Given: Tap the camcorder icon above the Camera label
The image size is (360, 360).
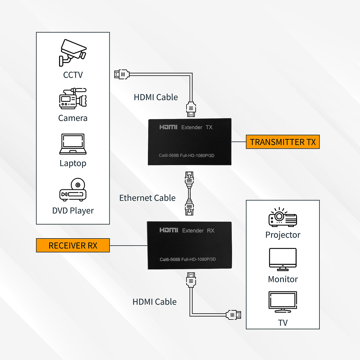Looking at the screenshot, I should click(x=73, y=98).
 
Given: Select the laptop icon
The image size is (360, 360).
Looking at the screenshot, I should click(x=73, y=144).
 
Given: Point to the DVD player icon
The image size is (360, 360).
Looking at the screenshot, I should click(x=73, y=190).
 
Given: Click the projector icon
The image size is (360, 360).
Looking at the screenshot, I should click(x=283, y=217).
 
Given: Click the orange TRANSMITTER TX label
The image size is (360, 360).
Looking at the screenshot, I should click(x=283, y=142).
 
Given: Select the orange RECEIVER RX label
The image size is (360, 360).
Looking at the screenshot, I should click(x=73, y=246).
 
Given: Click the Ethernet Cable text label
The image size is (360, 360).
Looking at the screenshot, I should click(x=147, y=198).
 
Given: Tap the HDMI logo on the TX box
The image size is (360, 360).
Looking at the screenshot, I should click(x=168, y=127).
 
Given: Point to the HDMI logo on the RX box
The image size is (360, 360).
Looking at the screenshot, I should click(x=169, y=230).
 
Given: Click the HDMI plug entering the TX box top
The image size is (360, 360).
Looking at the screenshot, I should click(x=191, y=109).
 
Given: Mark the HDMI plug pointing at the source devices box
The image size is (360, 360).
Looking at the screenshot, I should click(x=122, y=75).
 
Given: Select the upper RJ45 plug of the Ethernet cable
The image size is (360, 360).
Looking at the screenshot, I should click(x=189, y=179).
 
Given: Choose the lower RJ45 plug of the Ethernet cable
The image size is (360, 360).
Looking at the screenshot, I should click(x=189, y=208).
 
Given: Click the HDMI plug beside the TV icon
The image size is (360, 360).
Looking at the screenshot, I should click(x=234, y=315).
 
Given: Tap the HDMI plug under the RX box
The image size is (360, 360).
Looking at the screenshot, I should click(x=191, y=280).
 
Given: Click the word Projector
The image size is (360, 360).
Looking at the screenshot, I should click(x=283, y=235).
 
